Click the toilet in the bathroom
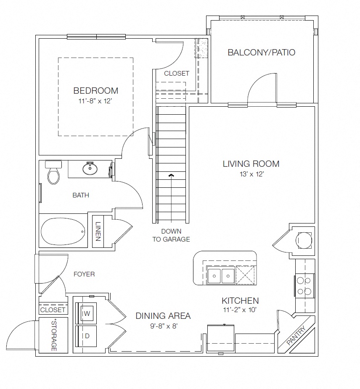click(x=53, y=172)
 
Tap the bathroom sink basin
click(x=90, y=169)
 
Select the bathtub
click(x=63, y=231)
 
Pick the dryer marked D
click(x=86, y=336)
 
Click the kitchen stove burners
click(x=304, y=286)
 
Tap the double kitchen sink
click(x=221, y=276)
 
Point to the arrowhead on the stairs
click(x=171, y=176)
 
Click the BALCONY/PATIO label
click(x=261, y=53)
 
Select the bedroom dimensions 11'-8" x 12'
click(x=95, y=101)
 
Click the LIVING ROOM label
click(x=251, y=164)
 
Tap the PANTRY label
click(x=296, y=336)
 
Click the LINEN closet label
click(x=98, y=231)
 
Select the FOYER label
click(x=84, y=274)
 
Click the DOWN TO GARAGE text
click(x=171, y=235)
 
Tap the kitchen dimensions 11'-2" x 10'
click(x=239, y=310)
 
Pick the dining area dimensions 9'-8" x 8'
click(x=164, y=326)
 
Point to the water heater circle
click(x=304, y=240)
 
